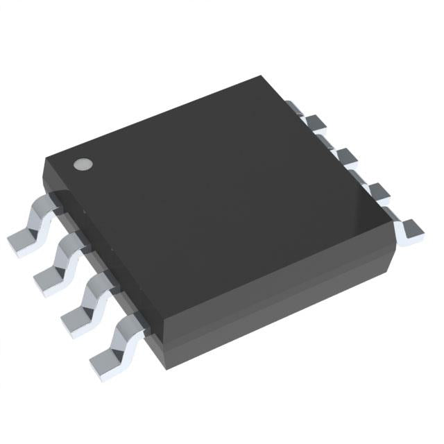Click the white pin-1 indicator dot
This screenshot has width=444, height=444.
(x=83, y=164)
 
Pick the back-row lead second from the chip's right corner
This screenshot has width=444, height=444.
(x=375, y=189)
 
